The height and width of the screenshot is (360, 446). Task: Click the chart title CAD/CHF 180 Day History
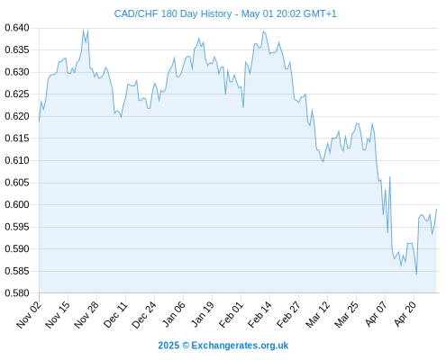coord(173,13)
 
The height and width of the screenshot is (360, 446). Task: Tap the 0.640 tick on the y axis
coord(17,28)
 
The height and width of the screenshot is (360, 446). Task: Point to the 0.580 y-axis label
coord(17,292)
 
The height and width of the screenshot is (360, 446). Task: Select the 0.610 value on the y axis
coord(17,160)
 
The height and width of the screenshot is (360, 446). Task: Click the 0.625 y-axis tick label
coord(17,94)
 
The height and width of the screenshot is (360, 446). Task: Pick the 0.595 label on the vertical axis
coord(17,227)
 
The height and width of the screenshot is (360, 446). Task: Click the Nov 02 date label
coord(28,314)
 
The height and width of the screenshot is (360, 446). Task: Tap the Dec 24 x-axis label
coord(144,314)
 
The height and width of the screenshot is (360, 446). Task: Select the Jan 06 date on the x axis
coord(173,314)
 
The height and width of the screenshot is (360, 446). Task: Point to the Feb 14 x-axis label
coord(259,314)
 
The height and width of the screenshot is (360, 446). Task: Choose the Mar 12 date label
coord(317,314)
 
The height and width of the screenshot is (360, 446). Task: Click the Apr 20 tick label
coord(405,313)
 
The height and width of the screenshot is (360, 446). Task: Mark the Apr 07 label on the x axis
coord(376,313)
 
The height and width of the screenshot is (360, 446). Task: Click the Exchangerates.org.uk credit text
coord(240,346)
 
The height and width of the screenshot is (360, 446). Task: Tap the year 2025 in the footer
coord(168,346)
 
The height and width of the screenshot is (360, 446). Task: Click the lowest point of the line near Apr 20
coord(416,274)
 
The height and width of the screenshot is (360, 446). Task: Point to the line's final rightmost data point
coord(436,209)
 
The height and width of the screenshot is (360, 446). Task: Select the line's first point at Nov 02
coord(39,121)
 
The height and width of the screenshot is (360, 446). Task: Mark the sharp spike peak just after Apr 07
coord(389,177)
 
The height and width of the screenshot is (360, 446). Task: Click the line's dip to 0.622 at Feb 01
coord(243,107)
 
